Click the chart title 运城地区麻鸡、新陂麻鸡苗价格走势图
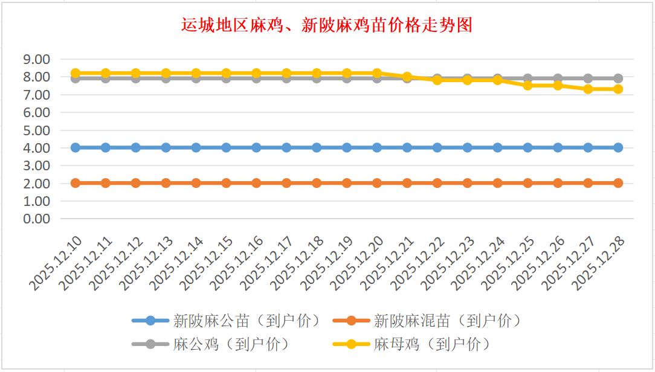(327, 25)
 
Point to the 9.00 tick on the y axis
(36, 59)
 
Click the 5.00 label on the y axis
(36, 130)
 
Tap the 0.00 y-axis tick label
(36, 219)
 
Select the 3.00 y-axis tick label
(36, 165)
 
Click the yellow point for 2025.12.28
(618, 89)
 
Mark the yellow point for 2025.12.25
(528, 85)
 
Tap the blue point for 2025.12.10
(76, 147)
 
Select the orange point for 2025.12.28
(618, 183)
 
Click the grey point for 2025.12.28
(618, 79)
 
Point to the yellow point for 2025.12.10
(76, 73)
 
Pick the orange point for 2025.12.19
(347, 183)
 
